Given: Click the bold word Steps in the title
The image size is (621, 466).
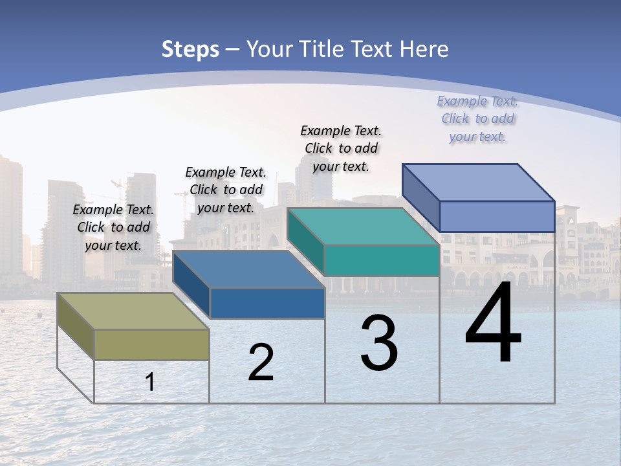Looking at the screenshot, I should pos(190,49).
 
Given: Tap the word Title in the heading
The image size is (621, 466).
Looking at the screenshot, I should pos(325,49).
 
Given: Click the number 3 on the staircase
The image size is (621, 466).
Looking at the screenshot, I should pos(379,343).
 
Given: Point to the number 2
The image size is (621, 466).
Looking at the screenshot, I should pos(261,362).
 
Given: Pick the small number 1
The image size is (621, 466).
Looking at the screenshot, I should pos(150,382).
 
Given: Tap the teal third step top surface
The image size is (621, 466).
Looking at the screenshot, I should pos(362,227).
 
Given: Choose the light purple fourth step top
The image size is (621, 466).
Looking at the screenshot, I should pos(479,182).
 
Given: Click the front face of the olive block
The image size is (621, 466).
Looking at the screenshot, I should pos(152,344).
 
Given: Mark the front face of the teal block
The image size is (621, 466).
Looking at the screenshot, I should pos(382,260).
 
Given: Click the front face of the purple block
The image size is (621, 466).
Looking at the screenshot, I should pos(497,216).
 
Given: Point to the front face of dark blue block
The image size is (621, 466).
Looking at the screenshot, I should pos(267,303).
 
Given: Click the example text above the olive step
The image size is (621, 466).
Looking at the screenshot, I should pos(114,227).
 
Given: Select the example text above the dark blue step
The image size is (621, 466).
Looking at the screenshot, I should pos(226,190).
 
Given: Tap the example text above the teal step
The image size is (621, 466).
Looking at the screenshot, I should pos(341,148).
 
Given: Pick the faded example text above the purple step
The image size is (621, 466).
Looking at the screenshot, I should pos(477,118).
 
